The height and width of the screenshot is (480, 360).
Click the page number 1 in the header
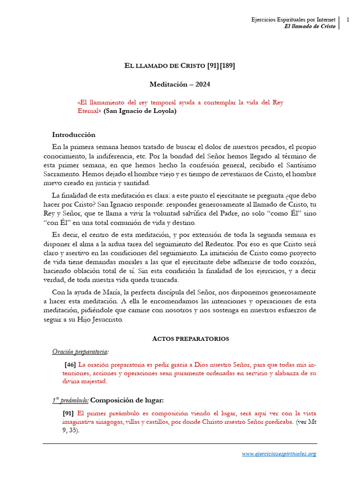coord(348,20)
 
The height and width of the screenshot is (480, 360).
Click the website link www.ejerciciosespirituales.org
coord(279,454)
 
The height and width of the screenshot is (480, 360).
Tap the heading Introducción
coord(74,135)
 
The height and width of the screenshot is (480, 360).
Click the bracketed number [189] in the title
coord(225,66)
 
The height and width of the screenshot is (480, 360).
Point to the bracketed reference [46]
coord(70,364)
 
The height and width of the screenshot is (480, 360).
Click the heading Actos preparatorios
coord(190,338)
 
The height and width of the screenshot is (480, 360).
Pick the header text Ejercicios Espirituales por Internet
coord(293,20)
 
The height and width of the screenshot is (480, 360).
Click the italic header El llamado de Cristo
coord(310,27)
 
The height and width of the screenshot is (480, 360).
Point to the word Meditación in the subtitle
coord(169,84)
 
